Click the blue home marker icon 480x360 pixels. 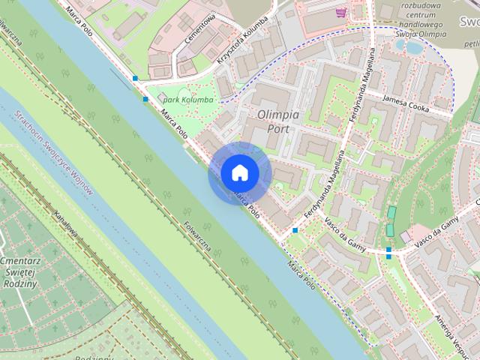[239, 173]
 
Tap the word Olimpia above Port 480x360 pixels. [278, 115]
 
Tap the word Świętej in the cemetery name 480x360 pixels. [20, 272]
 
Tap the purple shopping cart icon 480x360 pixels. [341, 12]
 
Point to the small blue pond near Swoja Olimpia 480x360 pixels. [413, 46]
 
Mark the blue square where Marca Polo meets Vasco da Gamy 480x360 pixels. [295, 229]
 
